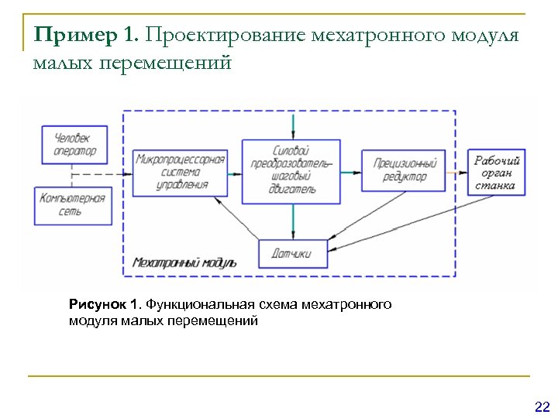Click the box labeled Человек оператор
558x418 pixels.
point(75,145)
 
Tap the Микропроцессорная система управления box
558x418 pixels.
point(180,172)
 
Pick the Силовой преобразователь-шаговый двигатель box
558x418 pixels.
point(291,172)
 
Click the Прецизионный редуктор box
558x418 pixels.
point(405,170)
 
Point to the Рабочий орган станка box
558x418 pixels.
point(498,173)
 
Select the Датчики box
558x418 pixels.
point(293,253)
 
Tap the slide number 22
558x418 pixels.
point(542,406)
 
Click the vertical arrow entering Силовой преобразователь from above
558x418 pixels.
point(293,126)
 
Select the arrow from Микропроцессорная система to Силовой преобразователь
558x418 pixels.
point(235,172)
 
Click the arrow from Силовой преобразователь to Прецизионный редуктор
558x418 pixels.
point(351,172)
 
